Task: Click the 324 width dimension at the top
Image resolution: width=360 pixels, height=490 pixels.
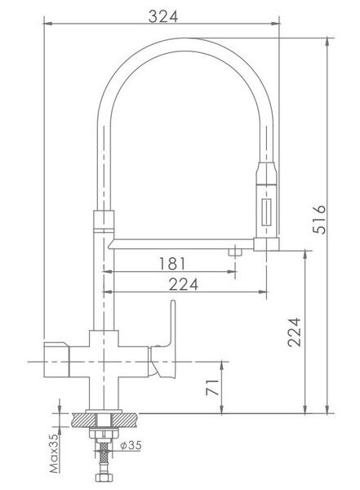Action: [162, 16]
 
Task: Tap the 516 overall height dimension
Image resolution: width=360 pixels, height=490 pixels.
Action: [319, 220]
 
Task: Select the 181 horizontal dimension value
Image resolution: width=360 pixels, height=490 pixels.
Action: [172, 264]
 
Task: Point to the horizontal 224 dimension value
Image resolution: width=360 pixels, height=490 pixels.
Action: [183, 284]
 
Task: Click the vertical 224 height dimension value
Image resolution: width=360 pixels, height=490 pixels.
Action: [295, 332]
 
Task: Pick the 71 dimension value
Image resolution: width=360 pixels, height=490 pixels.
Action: [212, 387]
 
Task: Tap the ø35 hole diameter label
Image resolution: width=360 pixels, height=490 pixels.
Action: [131, 445]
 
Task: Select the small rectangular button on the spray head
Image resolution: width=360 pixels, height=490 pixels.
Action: [266, 212]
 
